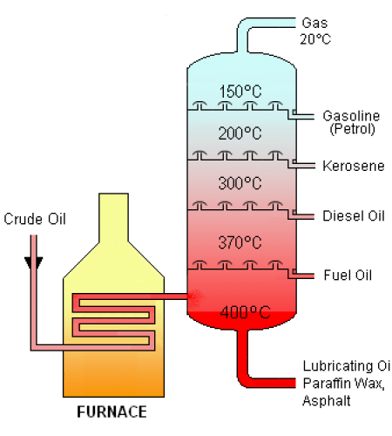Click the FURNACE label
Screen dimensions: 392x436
tap(112, 412)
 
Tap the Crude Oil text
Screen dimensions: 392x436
tap(35, 219)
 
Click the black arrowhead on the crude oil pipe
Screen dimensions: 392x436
tap(34, 262)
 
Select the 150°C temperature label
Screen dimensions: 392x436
tap(240, 92)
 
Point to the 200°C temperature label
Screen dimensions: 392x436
tap(240, 133)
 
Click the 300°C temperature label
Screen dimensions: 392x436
tap(240, 183)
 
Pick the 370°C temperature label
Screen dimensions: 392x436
tap(240, 242)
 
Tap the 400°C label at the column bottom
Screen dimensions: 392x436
tap(246, 313)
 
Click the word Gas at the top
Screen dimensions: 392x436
tap(314, 23)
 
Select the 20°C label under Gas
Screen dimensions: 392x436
tap(315, 39)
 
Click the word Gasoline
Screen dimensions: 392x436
tap(351, 116)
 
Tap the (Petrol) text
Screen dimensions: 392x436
tap(353, 129)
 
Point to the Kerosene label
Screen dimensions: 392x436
tap(354, 166)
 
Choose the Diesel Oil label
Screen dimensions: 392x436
tap(354, 216)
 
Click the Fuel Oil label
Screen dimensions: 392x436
tap(348, 275)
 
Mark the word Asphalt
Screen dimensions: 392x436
tap(327, 400)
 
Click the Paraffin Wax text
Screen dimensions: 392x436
tap(344, 384)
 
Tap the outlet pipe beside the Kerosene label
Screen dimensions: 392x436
tap(302, 166)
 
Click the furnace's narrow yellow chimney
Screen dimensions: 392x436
tap(113, 218)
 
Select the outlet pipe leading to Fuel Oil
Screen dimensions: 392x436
tap(302, 276)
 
